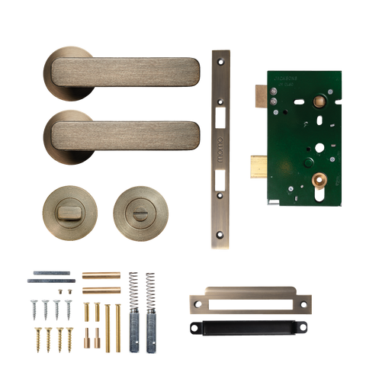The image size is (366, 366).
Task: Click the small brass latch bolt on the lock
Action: pyautogui.click(x=258, y=94)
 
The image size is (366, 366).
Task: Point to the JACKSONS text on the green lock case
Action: pyautogui.click(x=280, y=77)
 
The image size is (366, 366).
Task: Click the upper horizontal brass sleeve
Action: pyautogui.click(x=98, y=274)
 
